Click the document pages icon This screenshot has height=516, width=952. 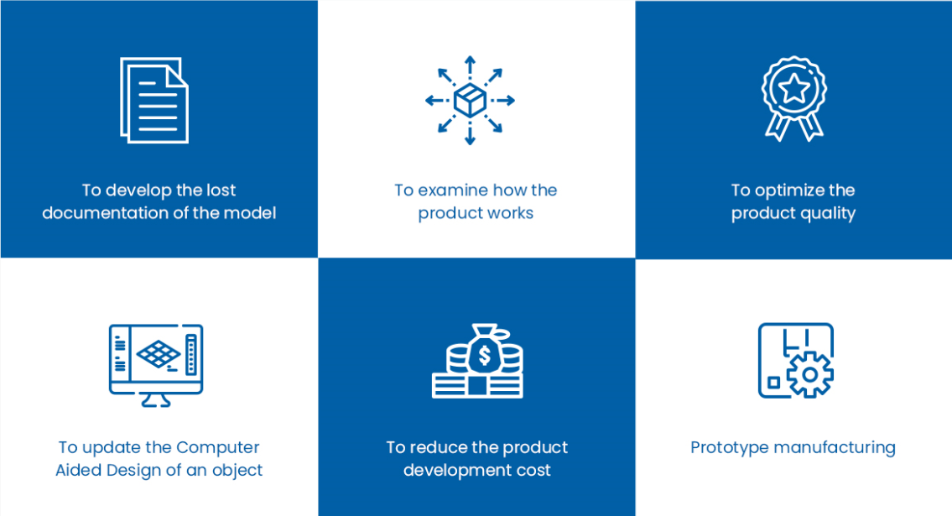point(154,100)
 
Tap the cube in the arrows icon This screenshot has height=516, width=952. point(470,100)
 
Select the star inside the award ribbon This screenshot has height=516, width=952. point(794,89)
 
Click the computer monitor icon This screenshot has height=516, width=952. point(156,365)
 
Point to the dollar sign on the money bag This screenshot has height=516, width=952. point(485,355)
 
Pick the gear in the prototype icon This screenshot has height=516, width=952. point(810,374)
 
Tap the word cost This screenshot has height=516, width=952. point(534,471)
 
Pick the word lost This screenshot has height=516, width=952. point(221,190)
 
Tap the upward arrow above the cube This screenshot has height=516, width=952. point(470,68)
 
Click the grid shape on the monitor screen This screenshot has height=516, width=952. point(158,353)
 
